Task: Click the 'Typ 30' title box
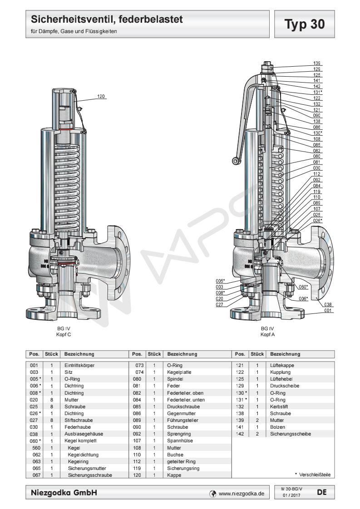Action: point(305,24)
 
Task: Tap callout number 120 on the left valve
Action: point(101,96)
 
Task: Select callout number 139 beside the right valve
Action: point(317,64)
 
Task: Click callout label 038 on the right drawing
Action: point(329,304)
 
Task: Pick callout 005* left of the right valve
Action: point(221,281)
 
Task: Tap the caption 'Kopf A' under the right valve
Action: point(267,334)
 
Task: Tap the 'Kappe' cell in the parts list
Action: point(174,475)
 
